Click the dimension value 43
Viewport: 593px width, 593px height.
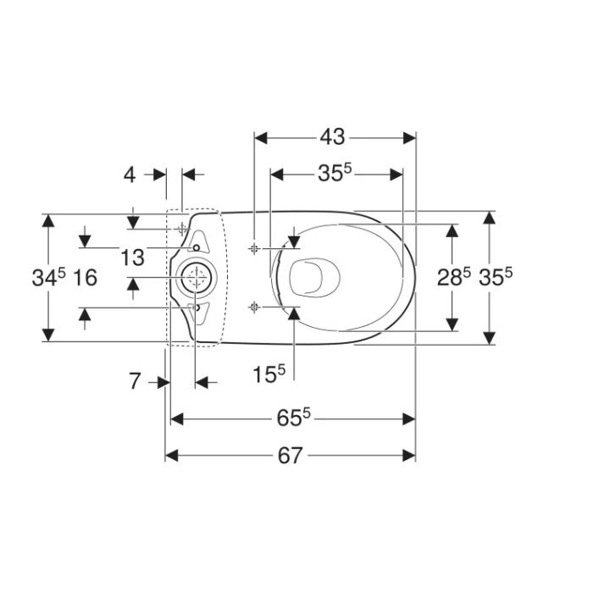332,137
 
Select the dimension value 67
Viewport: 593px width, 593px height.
290,456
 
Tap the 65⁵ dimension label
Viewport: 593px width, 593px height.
293,418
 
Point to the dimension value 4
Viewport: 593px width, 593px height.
130,175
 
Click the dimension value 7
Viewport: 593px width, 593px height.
135,381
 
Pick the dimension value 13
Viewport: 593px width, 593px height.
132,258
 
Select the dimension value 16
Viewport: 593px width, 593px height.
85,278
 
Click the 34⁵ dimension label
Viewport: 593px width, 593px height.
49,277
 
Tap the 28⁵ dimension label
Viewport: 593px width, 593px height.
454,277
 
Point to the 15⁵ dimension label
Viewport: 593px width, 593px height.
269,374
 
